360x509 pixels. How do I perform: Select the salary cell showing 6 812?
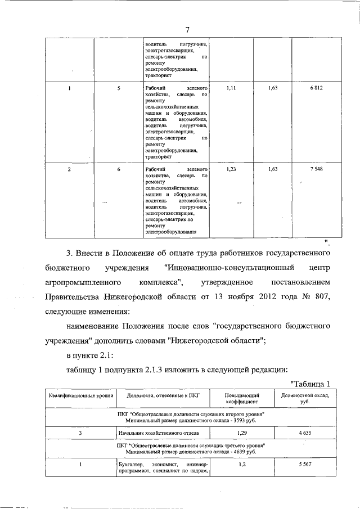[316, 89]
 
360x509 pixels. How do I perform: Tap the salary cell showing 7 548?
[316, 169]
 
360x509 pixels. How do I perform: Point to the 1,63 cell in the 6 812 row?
[273, 89]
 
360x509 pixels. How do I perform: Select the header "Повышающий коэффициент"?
[242, 399]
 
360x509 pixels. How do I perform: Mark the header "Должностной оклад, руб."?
[305, 399]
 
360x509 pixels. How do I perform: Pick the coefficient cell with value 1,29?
[242, 434]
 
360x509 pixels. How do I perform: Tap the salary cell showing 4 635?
[304, 434]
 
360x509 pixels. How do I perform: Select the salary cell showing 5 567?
[304, 465]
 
